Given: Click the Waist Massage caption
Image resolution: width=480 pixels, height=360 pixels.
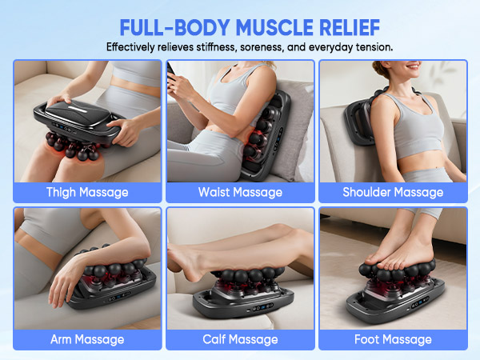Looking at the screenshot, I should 240,192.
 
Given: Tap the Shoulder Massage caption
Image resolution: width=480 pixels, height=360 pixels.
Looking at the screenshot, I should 393,192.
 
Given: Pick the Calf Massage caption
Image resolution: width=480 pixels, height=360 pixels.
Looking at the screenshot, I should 240,339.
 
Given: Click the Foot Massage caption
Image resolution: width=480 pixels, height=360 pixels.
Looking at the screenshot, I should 393,339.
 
